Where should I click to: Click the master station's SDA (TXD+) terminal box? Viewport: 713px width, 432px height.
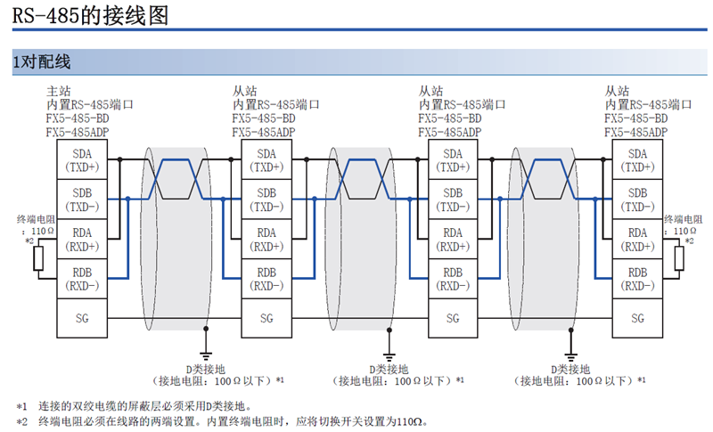pos(82,159)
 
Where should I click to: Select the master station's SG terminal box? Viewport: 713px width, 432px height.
pos(82,318)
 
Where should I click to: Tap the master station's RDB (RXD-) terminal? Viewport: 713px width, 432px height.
pos(82,279)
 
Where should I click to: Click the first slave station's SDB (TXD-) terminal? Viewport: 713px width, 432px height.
pos(266,199)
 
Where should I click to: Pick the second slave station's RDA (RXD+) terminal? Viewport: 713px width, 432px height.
pos(453,239)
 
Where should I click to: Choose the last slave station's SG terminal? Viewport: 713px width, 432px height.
pos(637,318)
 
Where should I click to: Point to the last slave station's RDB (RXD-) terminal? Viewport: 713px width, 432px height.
pos(637,279)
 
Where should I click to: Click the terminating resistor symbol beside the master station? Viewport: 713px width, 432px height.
pos(38,258)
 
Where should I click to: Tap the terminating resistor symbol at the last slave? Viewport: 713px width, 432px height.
pos(679,258)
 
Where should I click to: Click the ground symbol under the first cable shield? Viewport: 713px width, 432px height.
pos(206,355)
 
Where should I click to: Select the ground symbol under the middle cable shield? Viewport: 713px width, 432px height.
pos(389,355)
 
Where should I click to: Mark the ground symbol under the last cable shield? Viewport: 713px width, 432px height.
pos(570,355)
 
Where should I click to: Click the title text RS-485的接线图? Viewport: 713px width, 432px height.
pos(90,15)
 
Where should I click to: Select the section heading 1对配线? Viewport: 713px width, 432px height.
pos(41,61)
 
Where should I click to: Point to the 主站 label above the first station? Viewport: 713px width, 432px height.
pos(59,91)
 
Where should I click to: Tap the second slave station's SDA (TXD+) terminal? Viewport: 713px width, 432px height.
pos(453,159)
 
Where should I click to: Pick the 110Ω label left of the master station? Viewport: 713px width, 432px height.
pos(42,231)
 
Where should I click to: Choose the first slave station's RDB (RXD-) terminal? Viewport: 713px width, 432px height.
pos(266,279)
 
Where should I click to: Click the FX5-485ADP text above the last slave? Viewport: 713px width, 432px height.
pos(635,132)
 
